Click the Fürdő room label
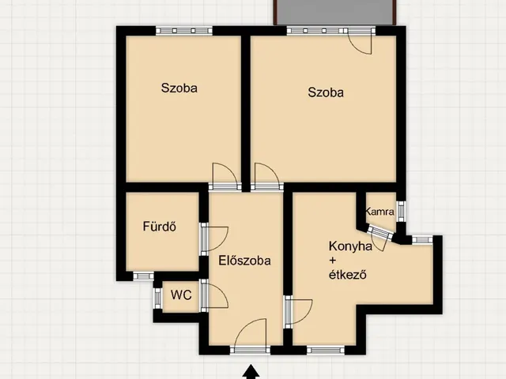click(x=160, y=227)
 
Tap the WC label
click(x=181, y=295)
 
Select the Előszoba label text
click(x=244, y=261)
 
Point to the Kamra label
click(x=379, y=212)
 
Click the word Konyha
click(x=350, y=246)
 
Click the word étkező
click(x=348, y=275)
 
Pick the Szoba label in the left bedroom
click(x=179, y=88)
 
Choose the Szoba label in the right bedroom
click(x=326, y=92)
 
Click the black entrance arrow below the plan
click(x=251, y=372)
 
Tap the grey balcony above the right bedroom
click(x=335, y=12)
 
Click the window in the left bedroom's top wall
click(x=184, y=31)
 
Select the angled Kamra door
click(x=380, y=238)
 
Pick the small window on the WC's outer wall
click(x=157, y=298)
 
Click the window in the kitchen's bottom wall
click(x=326, y=350)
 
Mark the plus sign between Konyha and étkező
click(x=333, y=261)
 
